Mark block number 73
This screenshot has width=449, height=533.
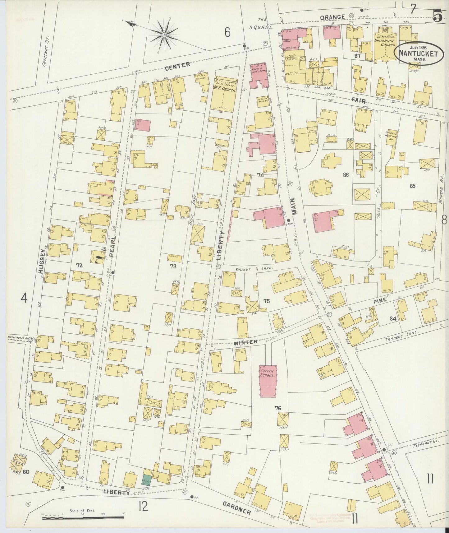click(x=173, y=266)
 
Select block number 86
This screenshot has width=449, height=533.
click(x=346, y=175)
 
